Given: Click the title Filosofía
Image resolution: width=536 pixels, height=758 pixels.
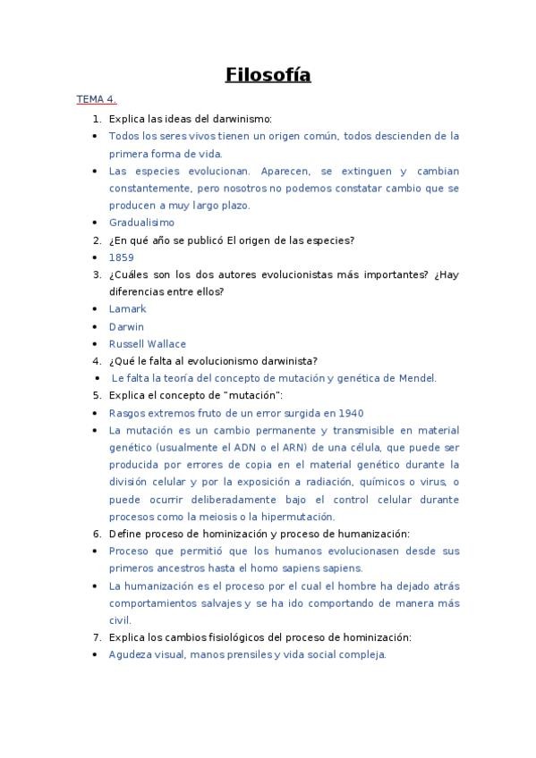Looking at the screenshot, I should coord(268,75).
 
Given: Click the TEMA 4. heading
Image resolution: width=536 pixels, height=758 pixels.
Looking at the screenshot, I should coord(96,99).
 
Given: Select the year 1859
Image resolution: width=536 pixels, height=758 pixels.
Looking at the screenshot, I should coord(122,257).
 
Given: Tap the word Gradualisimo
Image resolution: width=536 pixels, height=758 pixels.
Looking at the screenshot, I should coord(141,223).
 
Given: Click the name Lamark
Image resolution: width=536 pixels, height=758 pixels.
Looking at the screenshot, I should coord(127,308).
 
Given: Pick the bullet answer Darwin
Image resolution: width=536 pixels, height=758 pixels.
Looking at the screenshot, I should coord(126,326).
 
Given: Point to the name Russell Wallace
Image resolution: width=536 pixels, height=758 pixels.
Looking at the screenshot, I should coord(148,343).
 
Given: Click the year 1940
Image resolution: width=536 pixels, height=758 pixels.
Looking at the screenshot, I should coord(350,413).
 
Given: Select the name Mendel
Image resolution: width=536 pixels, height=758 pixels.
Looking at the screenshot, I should coord(416,378).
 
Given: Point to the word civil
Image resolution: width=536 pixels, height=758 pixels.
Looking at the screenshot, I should coord(120,619).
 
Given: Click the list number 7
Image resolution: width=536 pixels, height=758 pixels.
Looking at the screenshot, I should coord(96,637).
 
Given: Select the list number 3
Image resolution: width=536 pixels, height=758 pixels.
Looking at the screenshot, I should coord(96,274).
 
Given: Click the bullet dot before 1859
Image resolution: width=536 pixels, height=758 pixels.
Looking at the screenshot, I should coord(96,257).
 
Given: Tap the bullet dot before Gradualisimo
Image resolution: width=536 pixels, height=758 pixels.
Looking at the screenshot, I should coord(96,223).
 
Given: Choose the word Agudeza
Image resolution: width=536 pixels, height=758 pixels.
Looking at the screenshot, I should coord(132,654).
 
